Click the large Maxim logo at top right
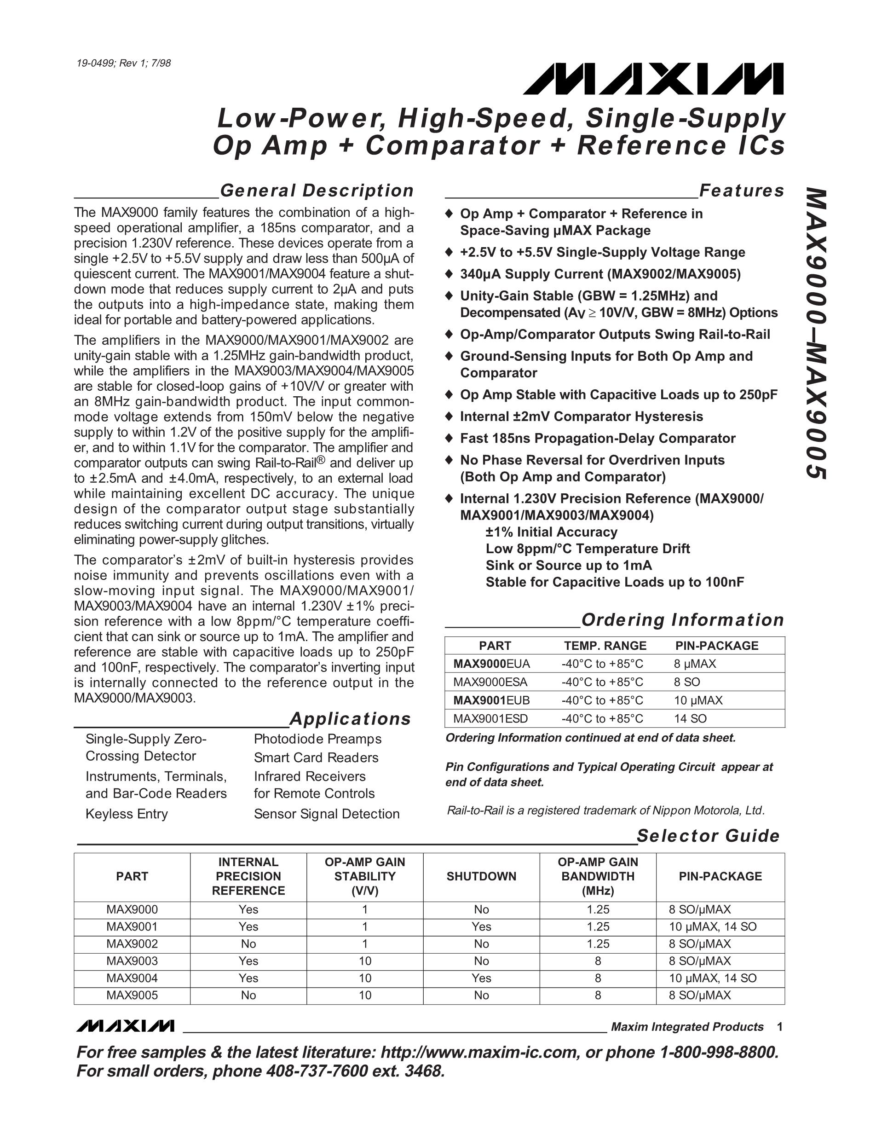tap(653, 79)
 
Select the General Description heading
tap(317, 191)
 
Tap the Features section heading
tap(741, 191)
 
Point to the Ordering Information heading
tap(682, 619)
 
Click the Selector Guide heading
tap(708, 835)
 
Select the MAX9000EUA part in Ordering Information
tap(491, 664)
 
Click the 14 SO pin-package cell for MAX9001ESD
tap(690, 718)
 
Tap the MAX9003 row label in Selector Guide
tap(132, 960)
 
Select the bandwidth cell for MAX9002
tap(598, 943)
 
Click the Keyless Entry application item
tap(127, 814)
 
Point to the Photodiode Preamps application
tap(317, 739)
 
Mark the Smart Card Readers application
tap(316, 758)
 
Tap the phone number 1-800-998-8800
tap(719, 1053)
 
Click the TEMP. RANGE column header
tap(605, 645)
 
